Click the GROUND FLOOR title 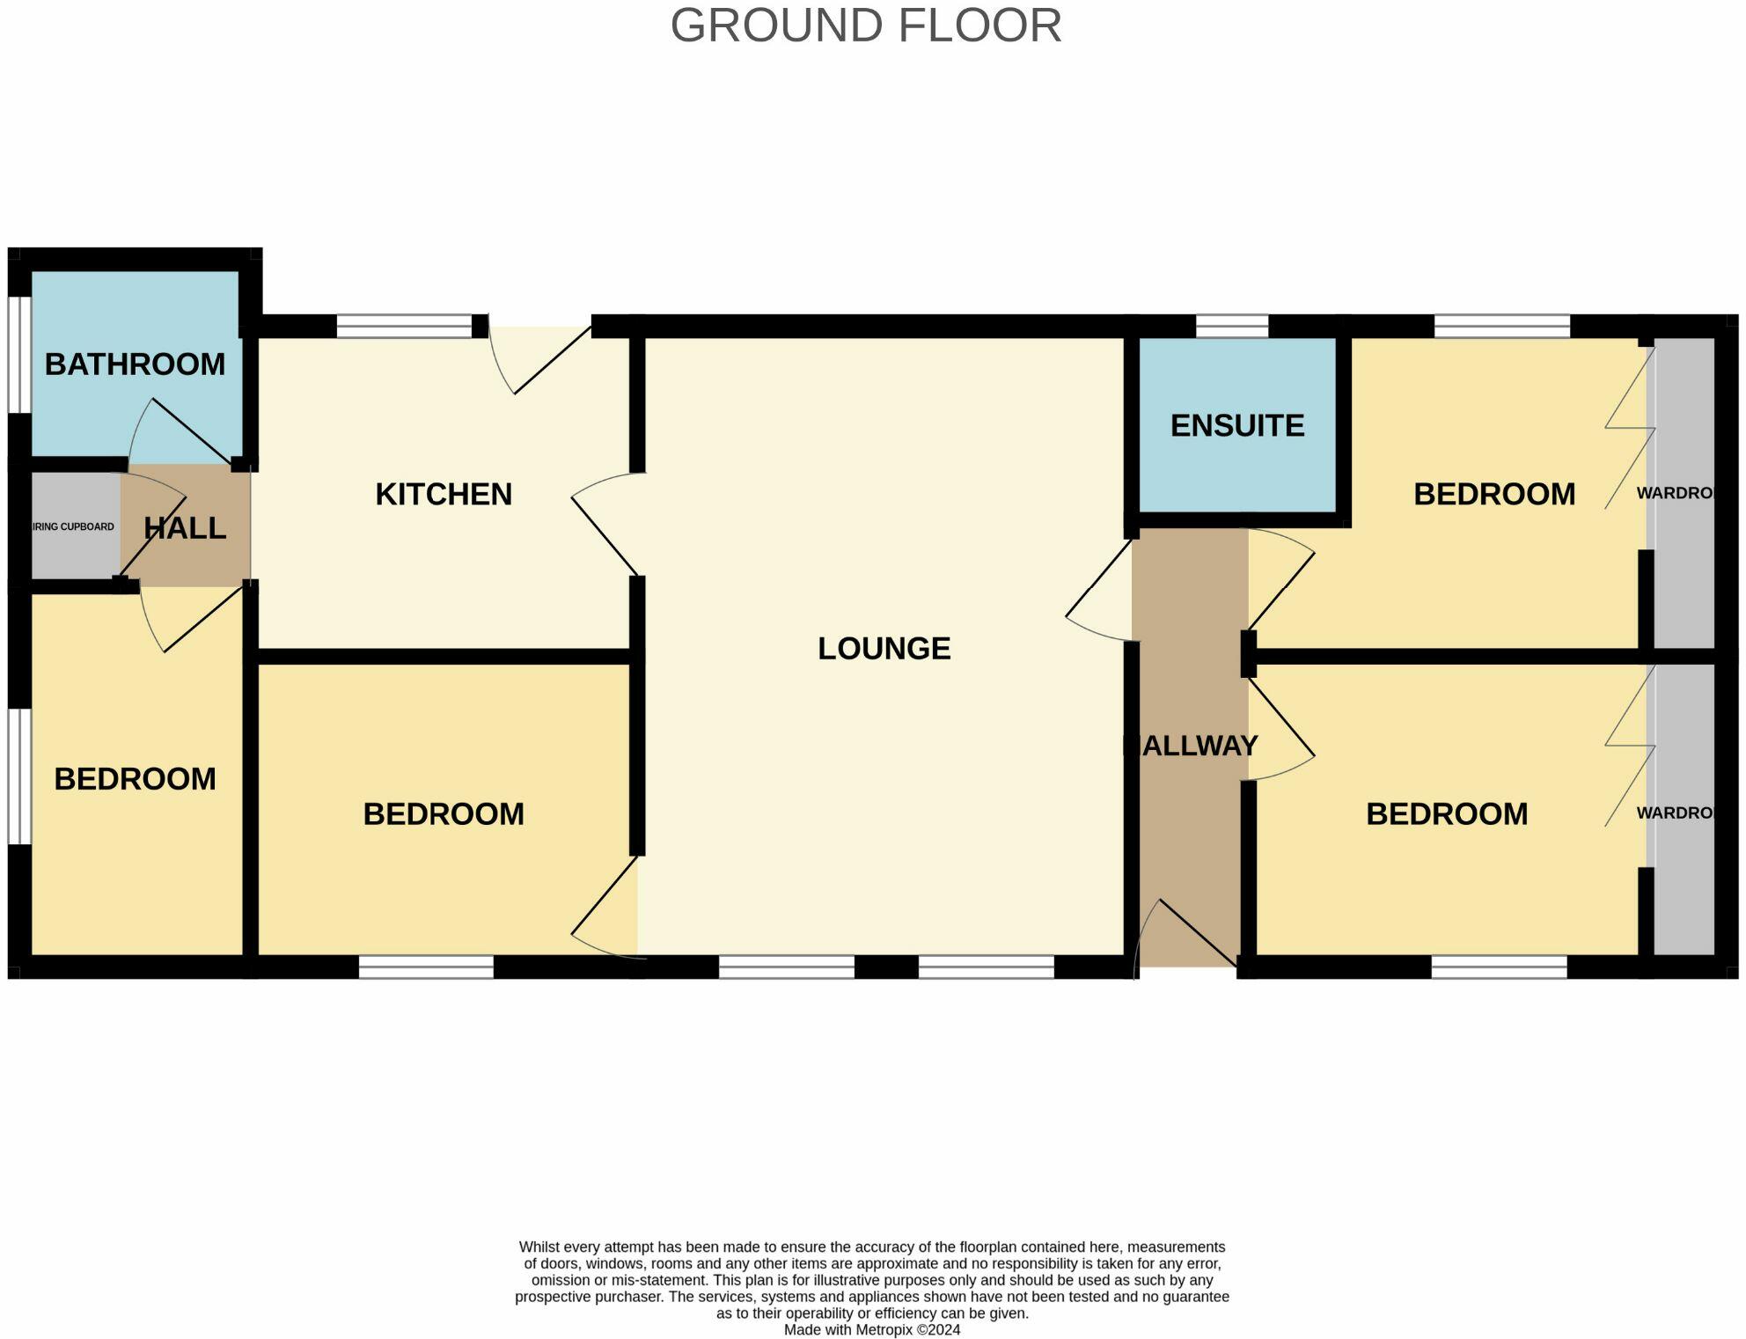(x=866, y=26)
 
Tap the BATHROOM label (x=135, y=364)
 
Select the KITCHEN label (x=444, y=494)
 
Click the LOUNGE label (x=884, y=648)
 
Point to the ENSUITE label (x=1237, y=425)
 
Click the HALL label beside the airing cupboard (x=185, y=528)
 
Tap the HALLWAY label (x=1192, y=746)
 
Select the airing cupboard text (x=73, y=526)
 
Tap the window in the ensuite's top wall (x=1232, y=327)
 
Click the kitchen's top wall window (x=404, y=327)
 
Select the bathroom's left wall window (x=19, y=355)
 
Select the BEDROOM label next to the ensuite (x=1493, y=494)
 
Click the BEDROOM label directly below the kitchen (x=444, y=813)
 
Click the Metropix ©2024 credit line (x=871, y=1329)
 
